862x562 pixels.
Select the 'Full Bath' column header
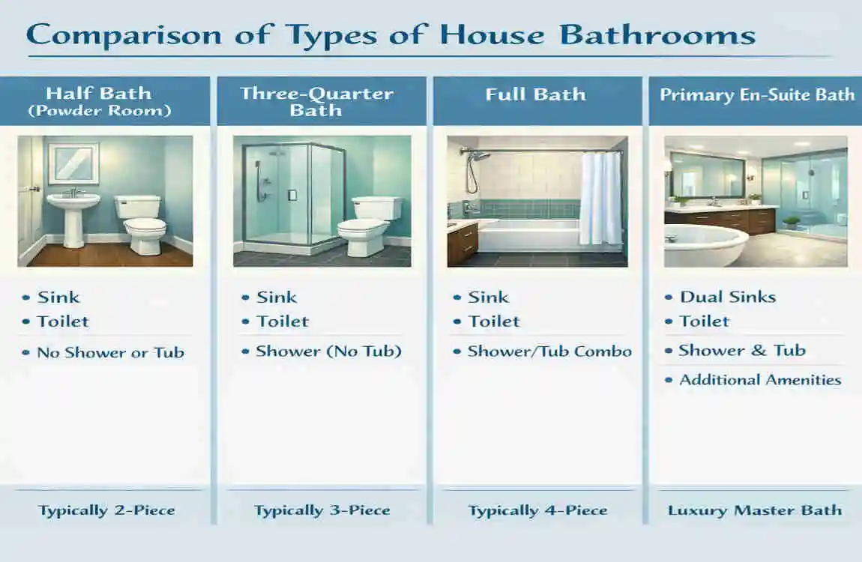click(x=535, y=95)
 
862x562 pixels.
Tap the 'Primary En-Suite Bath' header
click(x=756, y=95)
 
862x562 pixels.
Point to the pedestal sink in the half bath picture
click(x=73, y=213)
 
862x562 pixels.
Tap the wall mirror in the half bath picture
click(x=73, y=163)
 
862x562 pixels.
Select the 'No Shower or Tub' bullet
click(x=110, y=352)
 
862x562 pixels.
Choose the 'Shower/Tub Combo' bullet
click(x=549, y=351)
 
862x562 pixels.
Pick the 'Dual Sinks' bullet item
click(x=727, y=297)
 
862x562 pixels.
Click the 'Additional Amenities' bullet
click(x=760, y=380)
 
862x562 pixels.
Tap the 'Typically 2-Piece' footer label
click(x=106, y=511)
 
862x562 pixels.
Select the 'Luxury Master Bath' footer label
click(x=755, y=511)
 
